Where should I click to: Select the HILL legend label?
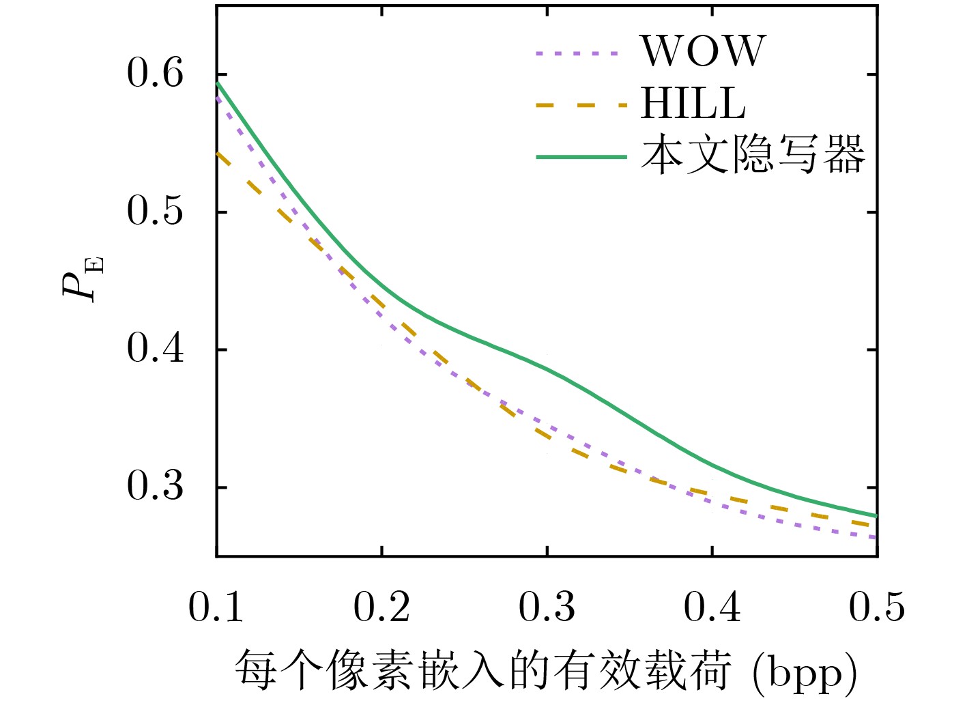693,104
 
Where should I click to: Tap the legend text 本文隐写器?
753,155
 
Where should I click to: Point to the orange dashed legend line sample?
580,105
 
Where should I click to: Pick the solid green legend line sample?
581,157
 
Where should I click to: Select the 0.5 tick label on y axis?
156,211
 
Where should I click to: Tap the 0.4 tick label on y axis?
156,349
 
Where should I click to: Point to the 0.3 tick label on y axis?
156,487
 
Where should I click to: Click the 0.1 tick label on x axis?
216,606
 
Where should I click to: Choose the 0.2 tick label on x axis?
381,606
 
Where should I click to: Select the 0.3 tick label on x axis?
547,606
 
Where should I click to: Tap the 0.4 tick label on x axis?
712,606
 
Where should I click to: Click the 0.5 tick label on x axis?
877,606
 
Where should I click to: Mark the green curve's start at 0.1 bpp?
218,83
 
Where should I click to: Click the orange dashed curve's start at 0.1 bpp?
218,154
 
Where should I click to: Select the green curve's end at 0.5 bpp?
876,515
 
